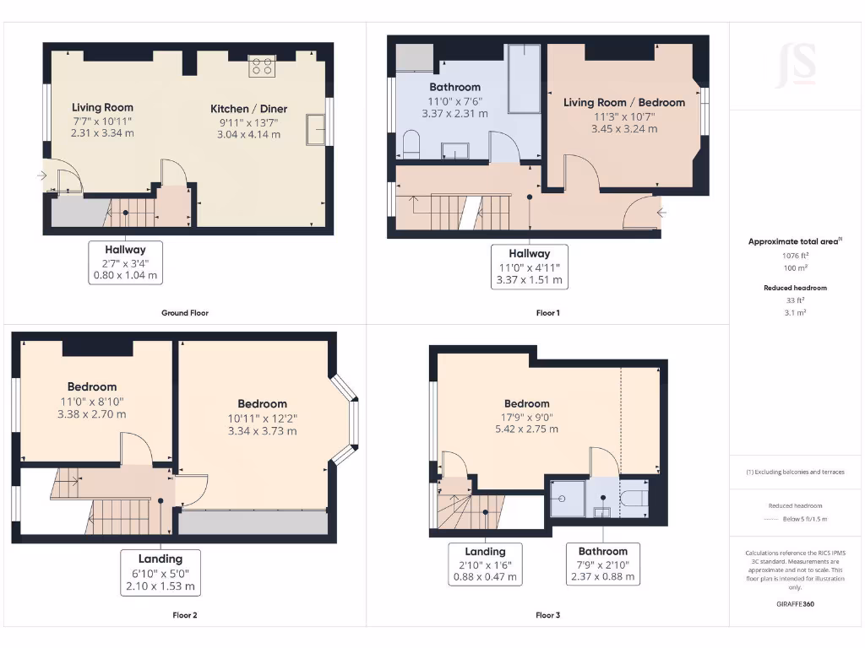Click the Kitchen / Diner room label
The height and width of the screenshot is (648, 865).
click(x=248, y=109)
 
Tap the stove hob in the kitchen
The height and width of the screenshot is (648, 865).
click(x=262, y=66)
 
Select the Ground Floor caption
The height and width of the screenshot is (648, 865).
click(x=185, y=313)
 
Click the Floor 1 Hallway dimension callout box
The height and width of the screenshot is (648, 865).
click(x=530, y=267)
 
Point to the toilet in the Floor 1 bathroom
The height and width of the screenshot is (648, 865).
click(x=412, y=144)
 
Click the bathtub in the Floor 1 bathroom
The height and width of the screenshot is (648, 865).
click(x=523, y=79)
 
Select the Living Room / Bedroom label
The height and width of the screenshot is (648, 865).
click(x=624, y=103)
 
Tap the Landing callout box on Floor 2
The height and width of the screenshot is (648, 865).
click(x=160, y=572)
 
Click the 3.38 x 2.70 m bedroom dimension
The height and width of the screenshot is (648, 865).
click(x=91, y=414)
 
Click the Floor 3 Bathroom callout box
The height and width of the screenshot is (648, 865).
click(x=603, y=564)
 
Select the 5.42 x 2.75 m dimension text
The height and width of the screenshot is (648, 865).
click(x=527, y=429)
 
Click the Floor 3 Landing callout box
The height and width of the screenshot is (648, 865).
click(x=485, y=564)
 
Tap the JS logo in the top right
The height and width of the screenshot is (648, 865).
click(x=796, y=65)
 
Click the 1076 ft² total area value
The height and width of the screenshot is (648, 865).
click(x=795, y=255)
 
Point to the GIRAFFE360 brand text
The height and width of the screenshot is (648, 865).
click(x=795, y=604)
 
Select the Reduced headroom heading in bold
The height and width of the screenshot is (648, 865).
click(x=795, y=288)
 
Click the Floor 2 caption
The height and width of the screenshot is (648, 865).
click(x=185, y=615)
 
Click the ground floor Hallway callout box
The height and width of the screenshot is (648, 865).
click(x=125, y=262)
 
